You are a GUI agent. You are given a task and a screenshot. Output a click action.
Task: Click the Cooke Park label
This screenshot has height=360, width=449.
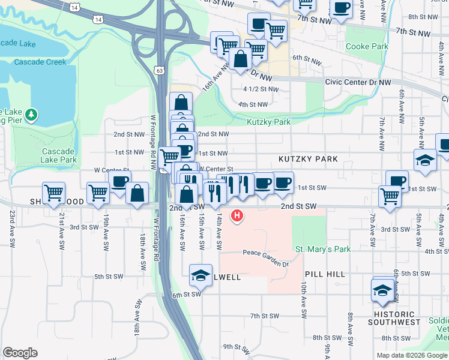pos(367,46)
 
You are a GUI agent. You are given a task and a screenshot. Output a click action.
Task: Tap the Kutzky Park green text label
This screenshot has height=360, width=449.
pos(268,122)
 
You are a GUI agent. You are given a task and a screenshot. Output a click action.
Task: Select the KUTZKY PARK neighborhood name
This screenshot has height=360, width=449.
pos(308,159)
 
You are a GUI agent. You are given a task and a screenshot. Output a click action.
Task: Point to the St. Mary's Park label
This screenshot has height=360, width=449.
pos(322,249)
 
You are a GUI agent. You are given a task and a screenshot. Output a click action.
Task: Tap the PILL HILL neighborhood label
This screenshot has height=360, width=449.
pos(325,274)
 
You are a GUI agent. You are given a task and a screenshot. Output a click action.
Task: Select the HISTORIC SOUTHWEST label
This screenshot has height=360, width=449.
pos(394,318)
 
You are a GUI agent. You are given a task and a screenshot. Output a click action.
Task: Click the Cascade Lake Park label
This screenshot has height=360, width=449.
pos(59,155)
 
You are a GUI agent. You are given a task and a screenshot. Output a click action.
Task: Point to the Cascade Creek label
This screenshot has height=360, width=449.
pos(40,62)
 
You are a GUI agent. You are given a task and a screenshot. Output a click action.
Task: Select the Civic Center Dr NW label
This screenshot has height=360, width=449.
pos(358,82)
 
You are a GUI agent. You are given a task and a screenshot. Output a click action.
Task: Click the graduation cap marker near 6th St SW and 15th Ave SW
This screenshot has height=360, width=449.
pos(200,275)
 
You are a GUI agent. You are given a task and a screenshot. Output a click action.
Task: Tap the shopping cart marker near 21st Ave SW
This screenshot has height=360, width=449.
pos(54,192)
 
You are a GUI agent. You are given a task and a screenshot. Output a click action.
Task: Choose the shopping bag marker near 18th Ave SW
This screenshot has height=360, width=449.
pos(137,193)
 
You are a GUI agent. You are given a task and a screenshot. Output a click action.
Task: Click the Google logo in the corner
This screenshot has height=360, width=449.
pos(20,353)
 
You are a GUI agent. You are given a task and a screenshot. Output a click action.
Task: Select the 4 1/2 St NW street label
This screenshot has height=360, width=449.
pos(261,89)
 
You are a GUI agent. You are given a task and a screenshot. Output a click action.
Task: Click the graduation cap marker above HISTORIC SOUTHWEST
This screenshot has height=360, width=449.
pos(382,290)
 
